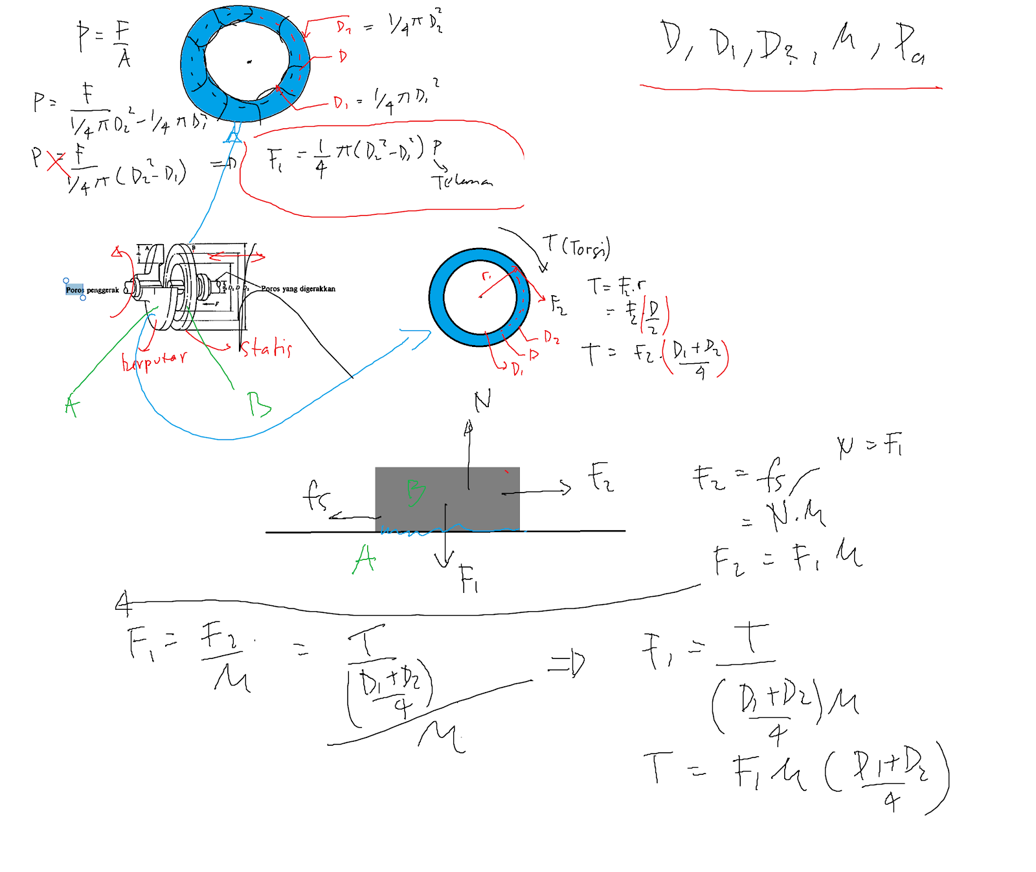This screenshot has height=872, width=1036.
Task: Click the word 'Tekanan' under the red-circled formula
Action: point(462,182)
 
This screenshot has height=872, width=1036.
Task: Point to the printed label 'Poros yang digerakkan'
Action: point(298,289)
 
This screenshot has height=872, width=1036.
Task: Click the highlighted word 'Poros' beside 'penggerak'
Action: point(74,289)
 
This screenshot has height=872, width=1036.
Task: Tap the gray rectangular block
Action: point(447,498)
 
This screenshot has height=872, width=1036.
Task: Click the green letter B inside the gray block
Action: point(415,493)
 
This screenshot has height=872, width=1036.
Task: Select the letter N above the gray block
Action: point(482,401)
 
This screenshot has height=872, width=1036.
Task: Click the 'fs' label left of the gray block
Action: point(316,496)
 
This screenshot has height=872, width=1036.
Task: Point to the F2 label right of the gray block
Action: point(600,477)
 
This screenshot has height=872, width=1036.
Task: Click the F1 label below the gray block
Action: point(469,578)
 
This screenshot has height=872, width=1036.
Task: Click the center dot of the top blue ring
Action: point(249,62)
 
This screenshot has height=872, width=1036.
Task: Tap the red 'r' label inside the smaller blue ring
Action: point(486,276)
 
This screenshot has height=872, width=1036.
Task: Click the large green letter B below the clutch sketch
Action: point(258,404)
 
